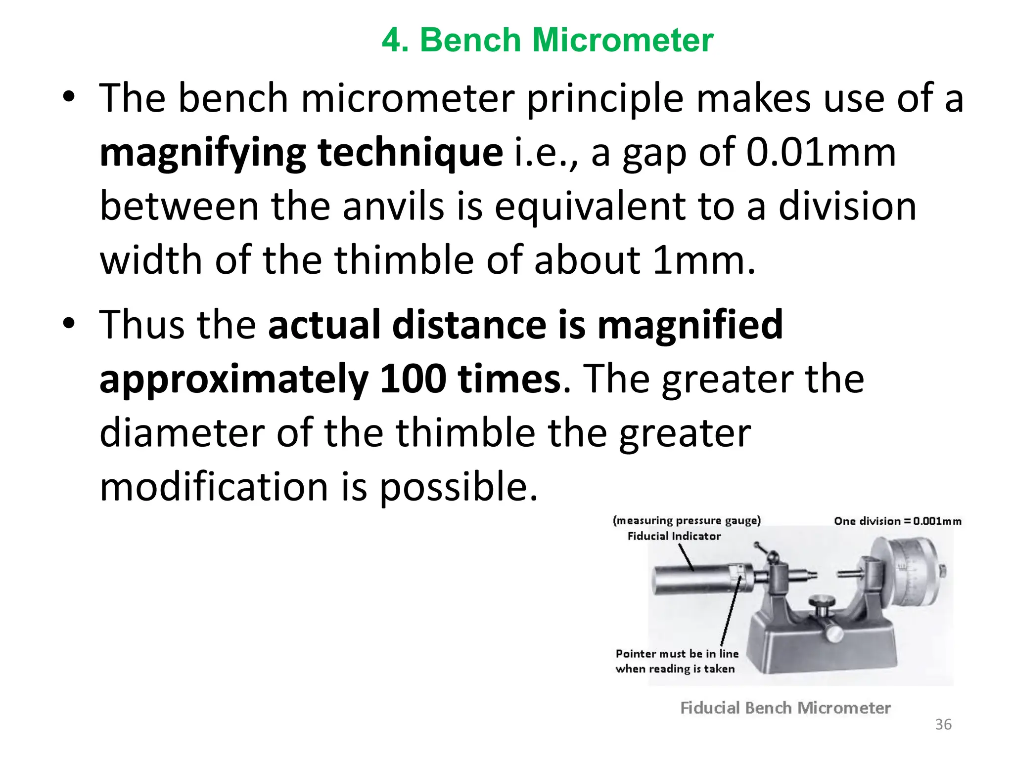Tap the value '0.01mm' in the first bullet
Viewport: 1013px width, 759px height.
(821, 152)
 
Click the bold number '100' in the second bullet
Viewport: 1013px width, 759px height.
(413, 379)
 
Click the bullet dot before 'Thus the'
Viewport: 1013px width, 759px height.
(69, 324)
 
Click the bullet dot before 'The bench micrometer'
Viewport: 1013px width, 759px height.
(69, 97)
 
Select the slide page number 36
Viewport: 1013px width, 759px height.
(943, 724)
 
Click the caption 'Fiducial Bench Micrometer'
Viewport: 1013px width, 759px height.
(785, 708)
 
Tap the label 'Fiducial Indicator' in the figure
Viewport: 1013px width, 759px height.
(674, 536)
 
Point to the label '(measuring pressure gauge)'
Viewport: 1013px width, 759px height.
(687, 520)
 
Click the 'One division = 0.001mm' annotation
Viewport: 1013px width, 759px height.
(897, 521)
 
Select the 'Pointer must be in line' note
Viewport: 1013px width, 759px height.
(677, 654)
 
